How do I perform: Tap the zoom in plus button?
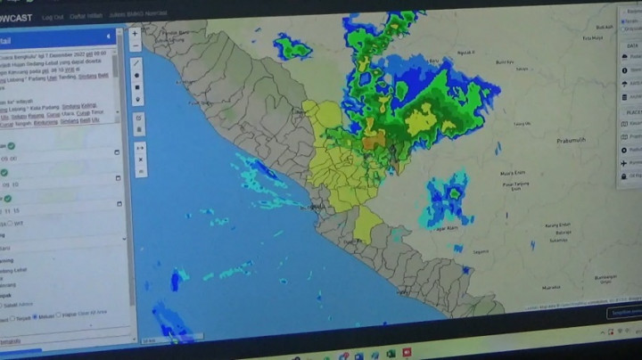[x=136, y=34]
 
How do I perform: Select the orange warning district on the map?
[x=373, y=141]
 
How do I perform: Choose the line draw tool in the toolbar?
[x=136, y=62]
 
